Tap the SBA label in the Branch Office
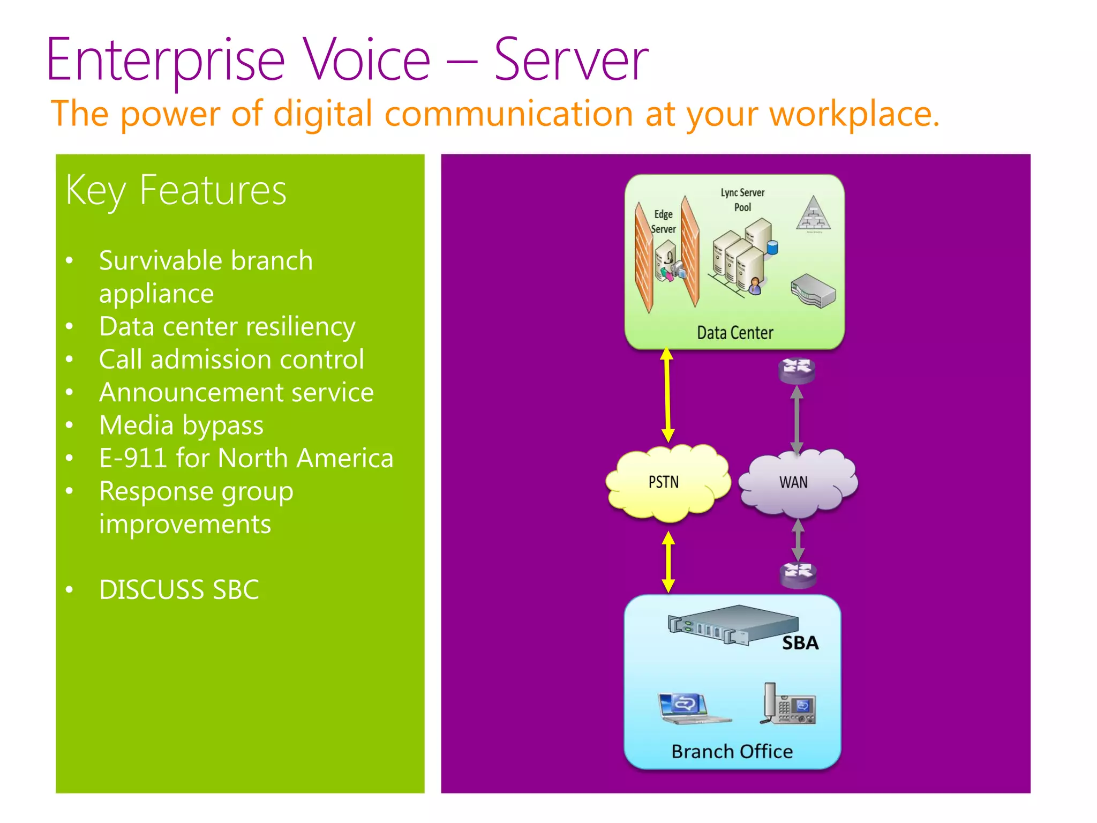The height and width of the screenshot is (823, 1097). point(800,643)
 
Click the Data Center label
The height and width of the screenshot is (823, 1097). point(735,333)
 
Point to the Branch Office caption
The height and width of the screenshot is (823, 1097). point(732,751)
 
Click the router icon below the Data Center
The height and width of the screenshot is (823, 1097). point(797,370)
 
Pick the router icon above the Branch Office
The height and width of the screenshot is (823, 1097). point(798,574)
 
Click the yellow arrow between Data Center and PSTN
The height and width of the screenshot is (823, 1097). point(667,395)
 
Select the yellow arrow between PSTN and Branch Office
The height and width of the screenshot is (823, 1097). point(668,562)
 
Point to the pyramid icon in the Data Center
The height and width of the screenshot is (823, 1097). point(813,214)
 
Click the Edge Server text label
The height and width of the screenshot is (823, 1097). point(663,222)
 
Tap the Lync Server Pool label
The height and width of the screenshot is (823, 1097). point(742,200)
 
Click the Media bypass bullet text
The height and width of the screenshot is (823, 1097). point(181,425)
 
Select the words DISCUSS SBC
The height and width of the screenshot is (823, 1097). point(179,590)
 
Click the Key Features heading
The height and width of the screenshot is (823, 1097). point(176,191)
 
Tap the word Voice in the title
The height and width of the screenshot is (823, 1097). point(366,60)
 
